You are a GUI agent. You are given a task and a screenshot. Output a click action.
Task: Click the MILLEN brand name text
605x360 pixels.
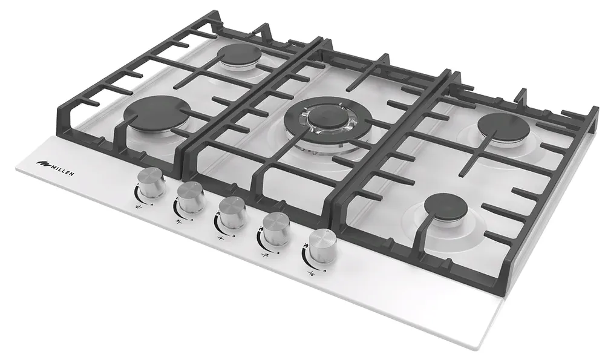click(63, 169)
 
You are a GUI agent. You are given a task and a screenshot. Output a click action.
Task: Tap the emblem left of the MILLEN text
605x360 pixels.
click(42, 162)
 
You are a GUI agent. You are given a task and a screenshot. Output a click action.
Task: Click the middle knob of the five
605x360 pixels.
click(232, 211)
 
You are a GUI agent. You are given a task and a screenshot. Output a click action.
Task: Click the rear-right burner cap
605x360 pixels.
click(504, 127)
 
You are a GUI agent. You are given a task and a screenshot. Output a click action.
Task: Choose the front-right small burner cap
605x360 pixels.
click(448, 207)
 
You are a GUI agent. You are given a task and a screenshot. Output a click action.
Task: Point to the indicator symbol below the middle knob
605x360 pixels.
click(221, 239)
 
